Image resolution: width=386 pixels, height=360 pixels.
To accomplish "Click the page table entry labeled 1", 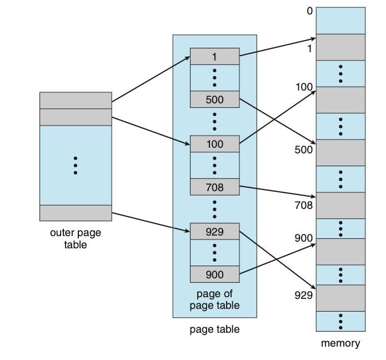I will [214, 56].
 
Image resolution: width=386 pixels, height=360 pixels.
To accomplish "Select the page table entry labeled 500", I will [214, 100].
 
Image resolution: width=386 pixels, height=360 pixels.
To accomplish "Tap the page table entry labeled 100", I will [214, 144].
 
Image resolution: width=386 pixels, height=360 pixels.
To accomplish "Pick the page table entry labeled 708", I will [214, 187].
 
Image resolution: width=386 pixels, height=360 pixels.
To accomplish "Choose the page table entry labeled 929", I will [214, 231].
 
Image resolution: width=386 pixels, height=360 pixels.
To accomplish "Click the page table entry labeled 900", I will [214, 274].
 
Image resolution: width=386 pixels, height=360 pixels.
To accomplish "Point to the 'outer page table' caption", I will [76, 238].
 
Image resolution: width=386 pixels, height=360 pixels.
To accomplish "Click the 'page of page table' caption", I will [214, 299].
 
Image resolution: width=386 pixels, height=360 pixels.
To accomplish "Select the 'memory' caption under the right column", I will [340, 343].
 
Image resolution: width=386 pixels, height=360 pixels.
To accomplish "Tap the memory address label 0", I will [309, 11].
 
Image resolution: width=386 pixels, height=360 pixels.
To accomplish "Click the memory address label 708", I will [303, 205].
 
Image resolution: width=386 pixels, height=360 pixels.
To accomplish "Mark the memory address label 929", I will [303, 294].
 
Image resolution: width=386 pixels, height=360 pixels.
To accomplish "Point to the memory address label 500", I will [303, 149].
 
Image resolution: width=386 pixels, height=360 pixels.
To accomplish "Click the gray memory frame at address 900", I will [340, 252].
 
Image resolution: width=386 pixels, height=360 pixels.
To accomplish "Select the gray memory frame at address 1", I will [340, 47].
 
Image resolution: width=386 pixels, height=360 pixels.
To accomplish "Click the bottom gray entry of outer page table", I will [76, 213].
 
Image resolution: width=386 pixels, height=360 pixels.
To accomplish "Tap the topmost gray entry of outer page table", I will [76, 101].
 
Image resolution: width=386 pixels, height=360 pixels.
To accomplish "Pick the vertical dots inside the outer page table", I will [76, 166].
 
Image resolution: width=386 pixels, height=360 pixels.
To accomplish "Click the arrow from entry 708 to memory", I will [278, 191].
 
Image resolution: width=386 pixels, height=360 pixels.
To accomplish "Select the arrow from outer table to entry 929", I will [151, 221].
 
